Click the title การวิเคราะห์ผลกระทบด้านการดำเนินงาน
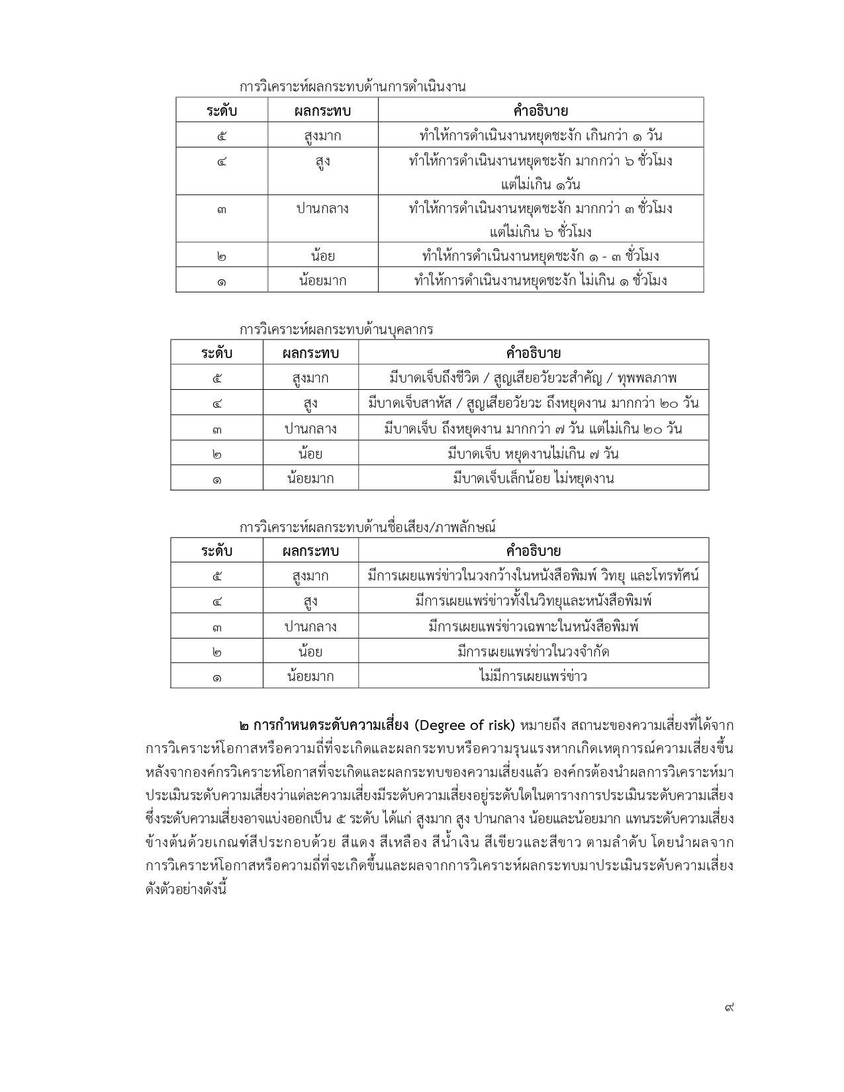(x=352, y=87)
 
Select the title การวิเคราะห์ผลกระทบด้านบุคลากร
(x=336, y=329)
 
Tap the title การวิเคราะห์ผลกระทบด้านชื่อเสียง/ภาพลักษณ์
(x=367, y=527)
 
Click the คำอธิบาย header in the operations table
(x=540, y=111)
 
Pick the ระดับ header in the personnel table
(x=216, y=353)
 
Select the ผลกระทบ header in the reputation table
(x=310, y=551)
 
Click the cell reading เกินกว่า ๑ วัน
(x=540, y=136)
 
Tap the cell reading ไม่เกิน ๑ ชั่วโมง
(x=540, y=280)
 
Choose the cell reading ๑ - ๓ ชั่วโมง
(x=540, y=255)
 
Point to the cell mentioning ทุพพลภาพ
(x=533, y=378)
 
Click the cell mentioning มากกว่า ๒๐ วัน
(x=533, y=403)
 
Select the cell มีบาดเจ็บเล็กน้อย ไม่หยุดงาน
(x=533, y=478)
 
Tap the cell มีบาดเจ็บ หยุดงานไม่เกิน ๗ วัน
(x=533, y=453)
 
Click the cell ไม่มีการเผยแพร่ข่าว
(x=533, y=676)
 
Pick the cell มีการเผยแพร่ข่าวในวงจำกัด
(x=533, y=651)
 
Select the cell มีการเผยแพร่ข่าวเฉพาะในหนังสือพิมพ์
(x=533, y=626)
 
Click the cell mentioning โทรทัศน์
(x=533, y=575)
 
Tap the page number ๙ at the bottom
(x=729, y=1007)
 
